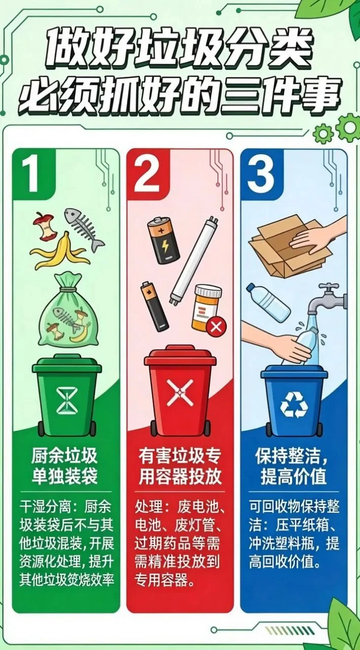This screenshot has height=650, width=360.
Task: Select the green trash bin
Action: (x=67, y=397)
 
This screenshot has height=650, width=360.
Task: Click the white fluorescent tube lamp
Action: (x=188, y=261)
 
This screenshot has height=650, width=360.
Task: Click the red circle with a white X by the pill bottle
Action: (x=216, y=327)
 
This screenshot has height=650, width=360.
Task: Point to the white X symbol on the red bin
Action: (x=180, y=393)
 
